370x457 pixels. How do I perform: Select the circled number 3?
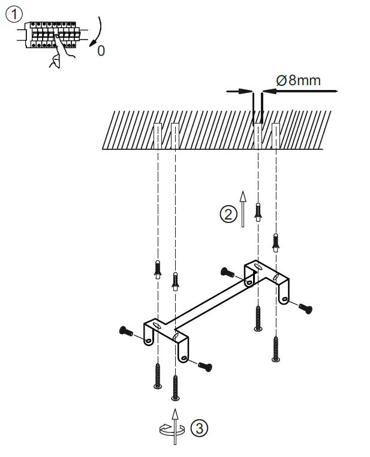[x=199, y=428]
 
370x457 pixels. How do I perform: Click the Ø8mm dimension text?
[x=298, y=80]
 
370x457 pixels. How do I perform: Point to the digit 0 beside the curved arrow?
[x=101, y=51]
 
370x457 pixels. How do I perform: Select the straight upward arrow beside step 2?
[x=243, y=209]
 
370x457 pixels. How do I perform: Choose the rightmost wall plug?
[x=276, y=241]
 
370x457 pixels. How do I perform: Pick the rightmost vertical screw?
[x=276, y=349]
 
